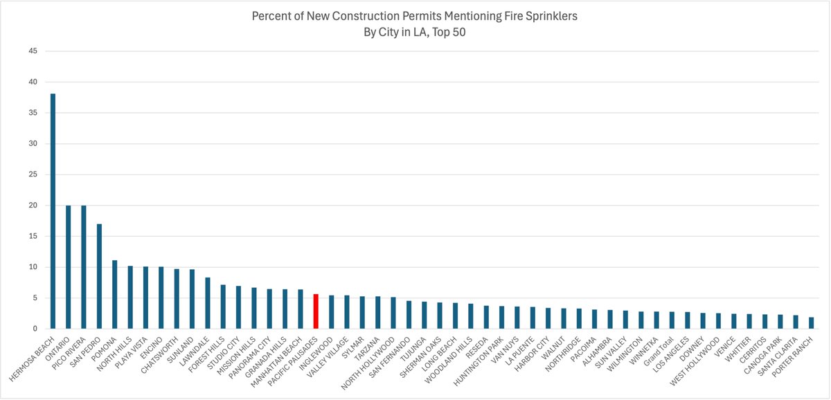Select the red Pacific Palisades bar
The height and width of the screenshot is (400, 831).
(316, 311)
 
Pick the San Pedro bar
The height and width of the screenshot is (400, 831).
(99, 276)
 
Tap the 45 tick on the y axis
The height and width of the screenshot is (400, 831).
(31, 51)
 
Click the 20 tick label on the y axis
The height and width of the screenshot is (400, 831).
(31, 206)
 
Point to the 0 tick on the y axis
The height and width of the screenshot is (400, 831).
(34, 329)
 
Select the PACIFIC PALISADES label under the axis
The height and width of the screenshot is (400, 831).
(294, 357)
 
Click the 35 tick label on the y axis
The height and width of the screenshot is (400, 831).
(31, 113)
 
